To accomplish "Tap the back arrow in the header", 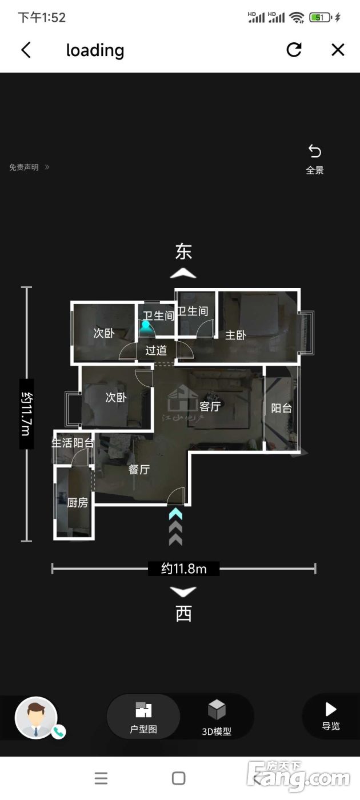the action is pyautogui.click(x=26, y=50).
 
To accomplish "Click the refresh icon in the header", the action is pyautogui.click(x=294, y=50).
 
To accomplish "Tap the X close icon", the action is pyautogui.click(x=338, y=50).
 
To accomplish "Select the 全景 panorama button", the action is pyautogui.click(x=315, y=159).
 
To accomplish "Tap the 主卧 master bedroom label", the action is pyautogui.click(x=235, y=335).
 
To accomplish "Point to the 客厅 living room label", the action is pyautogui.click(x=210, y=406).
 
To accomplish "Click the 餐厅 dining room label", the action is pyautogui.click(x=139, y=469).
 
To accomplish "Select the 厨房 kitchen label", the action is pyautogui.click(x=78, y=503).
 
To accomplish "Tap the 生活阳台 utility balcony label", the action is pyautogui.click(x=73, y=443).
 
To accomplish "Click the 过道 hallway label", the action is pyautogui.click(x=156, y=350).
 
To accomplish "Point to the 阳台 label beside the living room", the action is pyautogui.click(x=281, y=408).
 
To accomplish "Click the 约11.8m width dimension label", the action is pyautogui.click(x=183, y=568).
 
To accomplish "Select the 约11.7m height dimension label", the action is pyautogui.click(x=26, y=414).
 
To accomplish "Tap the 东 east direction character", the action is pyautogui.click(x=183, y=252).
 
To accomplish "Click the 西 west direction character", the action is pyautogui.click(x=183, y=614).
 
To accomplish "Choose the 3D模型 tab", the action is pyautogui.click(x=217, y=717).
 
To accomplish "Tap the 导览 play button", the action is pyautogui.click(x=331, y=715).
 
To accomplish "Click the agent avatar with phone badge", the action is pyautogui.click(x=38, y=718).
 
